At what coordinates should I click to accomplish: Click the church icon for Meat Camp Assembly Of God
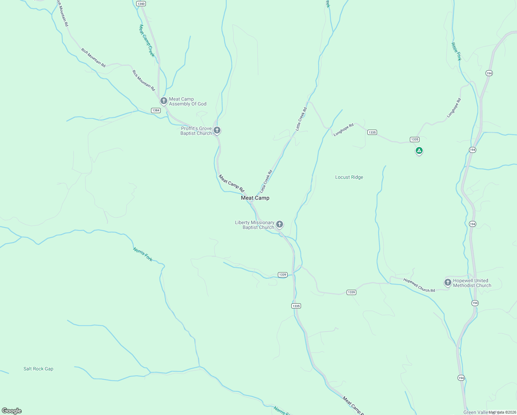click(164, 101)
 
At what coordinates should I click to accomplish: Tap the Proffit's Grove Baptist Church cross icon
click(217, 130)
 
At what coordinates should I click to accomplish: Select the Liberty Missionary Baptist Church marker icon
click(280, 224)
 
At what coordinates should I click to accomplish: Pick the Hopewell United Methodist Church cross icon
click(448, 283)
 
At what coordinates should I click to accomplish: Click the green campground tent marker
click(419, 150)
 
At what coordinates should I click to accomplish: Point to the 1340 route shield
click(141, 4)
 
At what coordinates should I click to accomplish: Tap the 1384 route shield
click(156, 110)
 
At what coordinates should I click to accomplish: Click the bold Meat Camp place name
click(255, 198)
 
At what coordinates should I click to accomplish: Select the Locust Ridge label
click(349, 177)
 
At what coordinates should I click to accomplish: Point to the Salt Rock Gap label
click(38, 369)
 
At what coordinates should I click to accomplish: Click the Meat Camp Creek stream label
click(147, 40)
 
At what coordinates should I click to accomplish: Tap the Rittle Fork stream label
click(456, 52)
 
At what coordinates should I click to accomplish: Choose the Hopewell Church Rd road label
click(419, 285)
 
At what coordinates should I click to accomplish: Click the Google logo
click(12, 411)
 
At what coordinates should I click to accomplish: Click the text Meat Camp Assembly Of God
click(188, 101)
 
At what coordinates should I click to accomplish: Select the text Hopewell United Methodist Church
click(472, 283)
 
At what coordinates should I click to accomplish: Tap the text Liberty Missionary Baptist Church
click(255, 225)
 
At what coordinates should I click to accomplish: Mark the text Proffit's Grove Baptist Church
click(196, 131)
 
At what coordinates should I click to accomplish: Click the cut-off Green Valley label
click(476, 412)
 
